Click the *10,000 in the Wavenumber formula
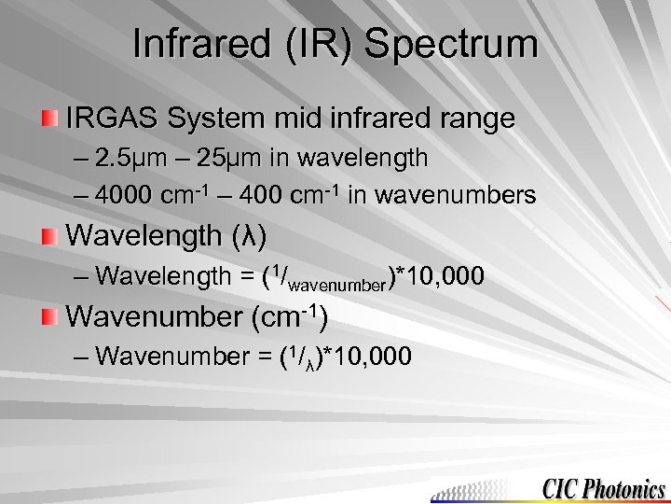(x=369, y=357)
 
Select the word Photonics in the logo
(x=629, y=488)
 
